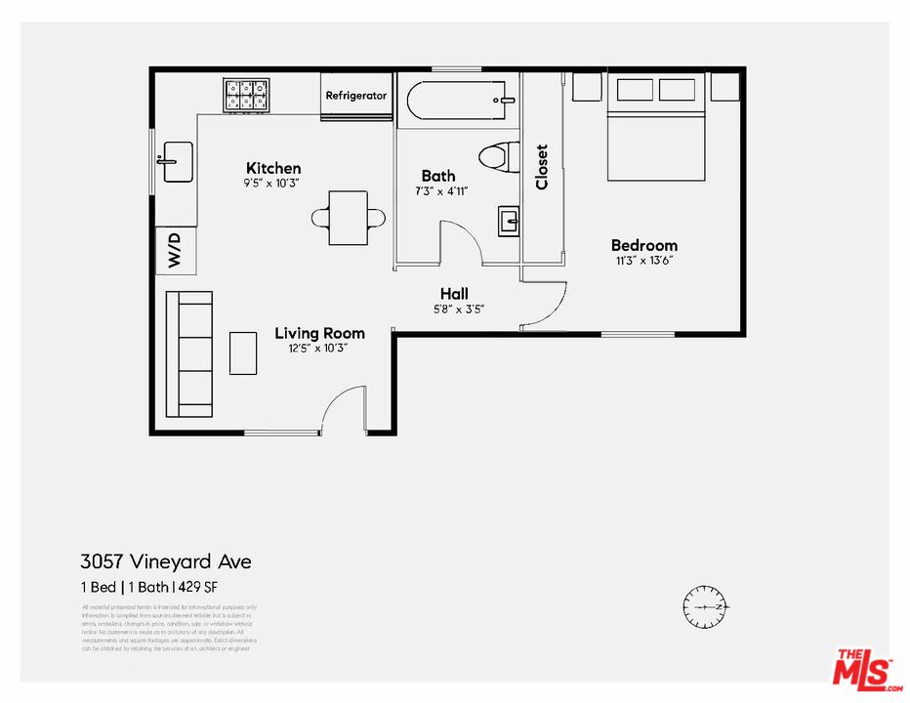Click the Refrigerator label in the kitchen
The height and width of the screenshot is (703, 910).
pos(355,96)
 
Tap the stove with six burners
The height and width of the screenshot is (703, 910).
pos(246,95)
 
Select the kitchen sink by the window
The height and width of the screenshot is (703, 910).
pos(177,161)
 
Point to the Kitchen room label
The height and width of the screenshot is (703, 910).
pos(273,168)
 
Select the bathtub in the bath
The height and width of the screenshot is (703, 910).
pos(457,100)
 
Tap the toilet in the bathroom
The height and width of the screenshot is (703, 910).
pos(500,156)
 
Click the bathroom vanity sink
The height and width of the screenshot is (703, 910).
pos(509,222)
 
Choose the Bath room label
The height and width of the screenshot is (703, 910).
pos(438,176)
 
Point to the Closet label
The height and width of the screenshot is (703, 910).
pos(542,167)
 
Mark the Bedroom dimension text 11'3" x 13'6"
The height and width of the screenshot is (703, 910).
pos(643,261)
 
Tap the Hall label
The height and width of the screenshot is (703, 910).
pos(454,293)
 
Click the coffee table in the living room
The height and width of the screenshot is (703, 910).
pos(243,352)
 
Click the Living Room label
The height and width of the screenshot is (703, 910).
pos(319,333)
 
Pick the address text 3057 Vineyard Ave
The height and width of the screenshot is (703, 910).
pos(165,561)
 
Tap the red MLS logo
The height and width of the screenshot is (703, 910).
pos(863,668)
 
